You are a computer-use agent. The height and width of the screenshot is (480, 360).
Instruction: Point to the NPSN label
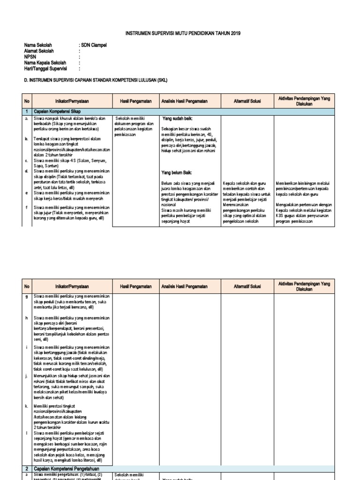pos(30,56)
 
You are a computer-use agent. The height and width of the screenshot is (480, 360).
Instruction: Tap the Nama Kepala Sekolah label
pos(45,62)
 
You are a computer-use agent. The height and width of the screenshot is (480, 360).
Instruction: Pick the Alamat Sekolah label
pos(39,51)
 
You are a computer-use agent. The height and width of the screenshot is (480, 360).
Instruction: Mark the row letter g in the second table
pos(27,297)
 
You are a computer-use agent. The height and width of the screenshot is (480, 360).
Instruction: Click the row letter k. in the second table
pos(27,406)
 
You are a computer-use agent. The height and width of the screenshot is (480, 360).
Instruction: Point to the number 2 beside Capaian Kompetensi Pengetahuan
pos(27,468)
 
